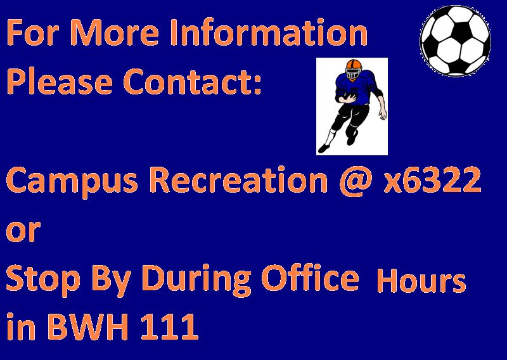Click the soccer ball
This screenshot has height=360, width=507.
click(455, 41)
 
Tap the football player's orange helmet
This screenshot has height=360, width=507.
click(354, 66)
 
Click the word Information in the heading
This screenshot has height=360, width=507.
click(269, 32)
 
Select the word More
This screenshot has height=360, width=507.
click(115, 32)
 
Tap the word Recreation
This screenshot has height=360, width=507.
click(239, 179)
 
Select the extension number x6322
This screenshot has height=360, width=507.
click(432, 179)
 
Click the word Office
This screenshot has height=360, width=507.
click(310, 278)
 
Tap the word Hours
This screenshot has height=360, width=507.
click(421, 280)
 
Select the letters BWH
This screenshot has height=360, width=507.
click(88, 326)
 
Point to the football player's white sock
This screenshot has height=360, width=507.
click(330, 136)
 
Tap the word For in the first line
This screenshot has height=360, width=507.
click(32, 32)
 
